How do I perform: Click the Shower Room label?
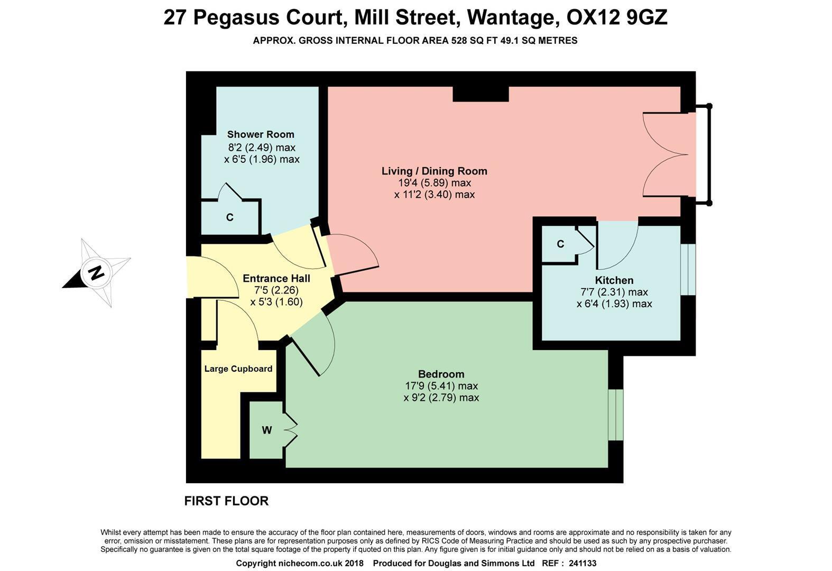point(261,134)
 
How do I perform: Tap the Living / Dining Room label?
point(434,171)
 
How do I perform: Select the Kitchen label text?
point(614,280)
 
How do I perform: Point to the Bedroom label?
point(441,374)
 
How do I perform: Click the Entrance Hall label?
point(276,278)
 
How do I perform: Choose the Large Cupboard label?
point(238,369)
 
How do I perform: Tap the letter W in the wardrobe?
point(267,430)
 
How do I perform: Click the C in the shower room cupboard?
point(229,217)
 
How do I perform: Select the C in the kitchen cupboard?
point(560,244)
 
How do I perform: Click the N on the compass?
point(97,273)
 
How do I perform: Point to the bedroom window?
point(615,415)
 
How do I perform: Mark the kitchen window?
point(688,269)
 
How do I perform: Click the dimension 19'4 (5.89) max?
point(434,183)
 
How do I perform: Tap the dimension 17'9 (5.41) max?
point(441,385)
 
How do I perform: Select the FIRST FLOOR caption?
point(226,501)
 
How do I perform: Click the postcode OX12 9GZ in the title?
point(617,17)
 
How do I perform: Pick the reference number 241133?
point(583,563)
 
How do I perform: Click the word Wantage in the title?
point(513,18)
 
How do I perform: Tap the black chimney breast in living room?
point(480,94)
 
